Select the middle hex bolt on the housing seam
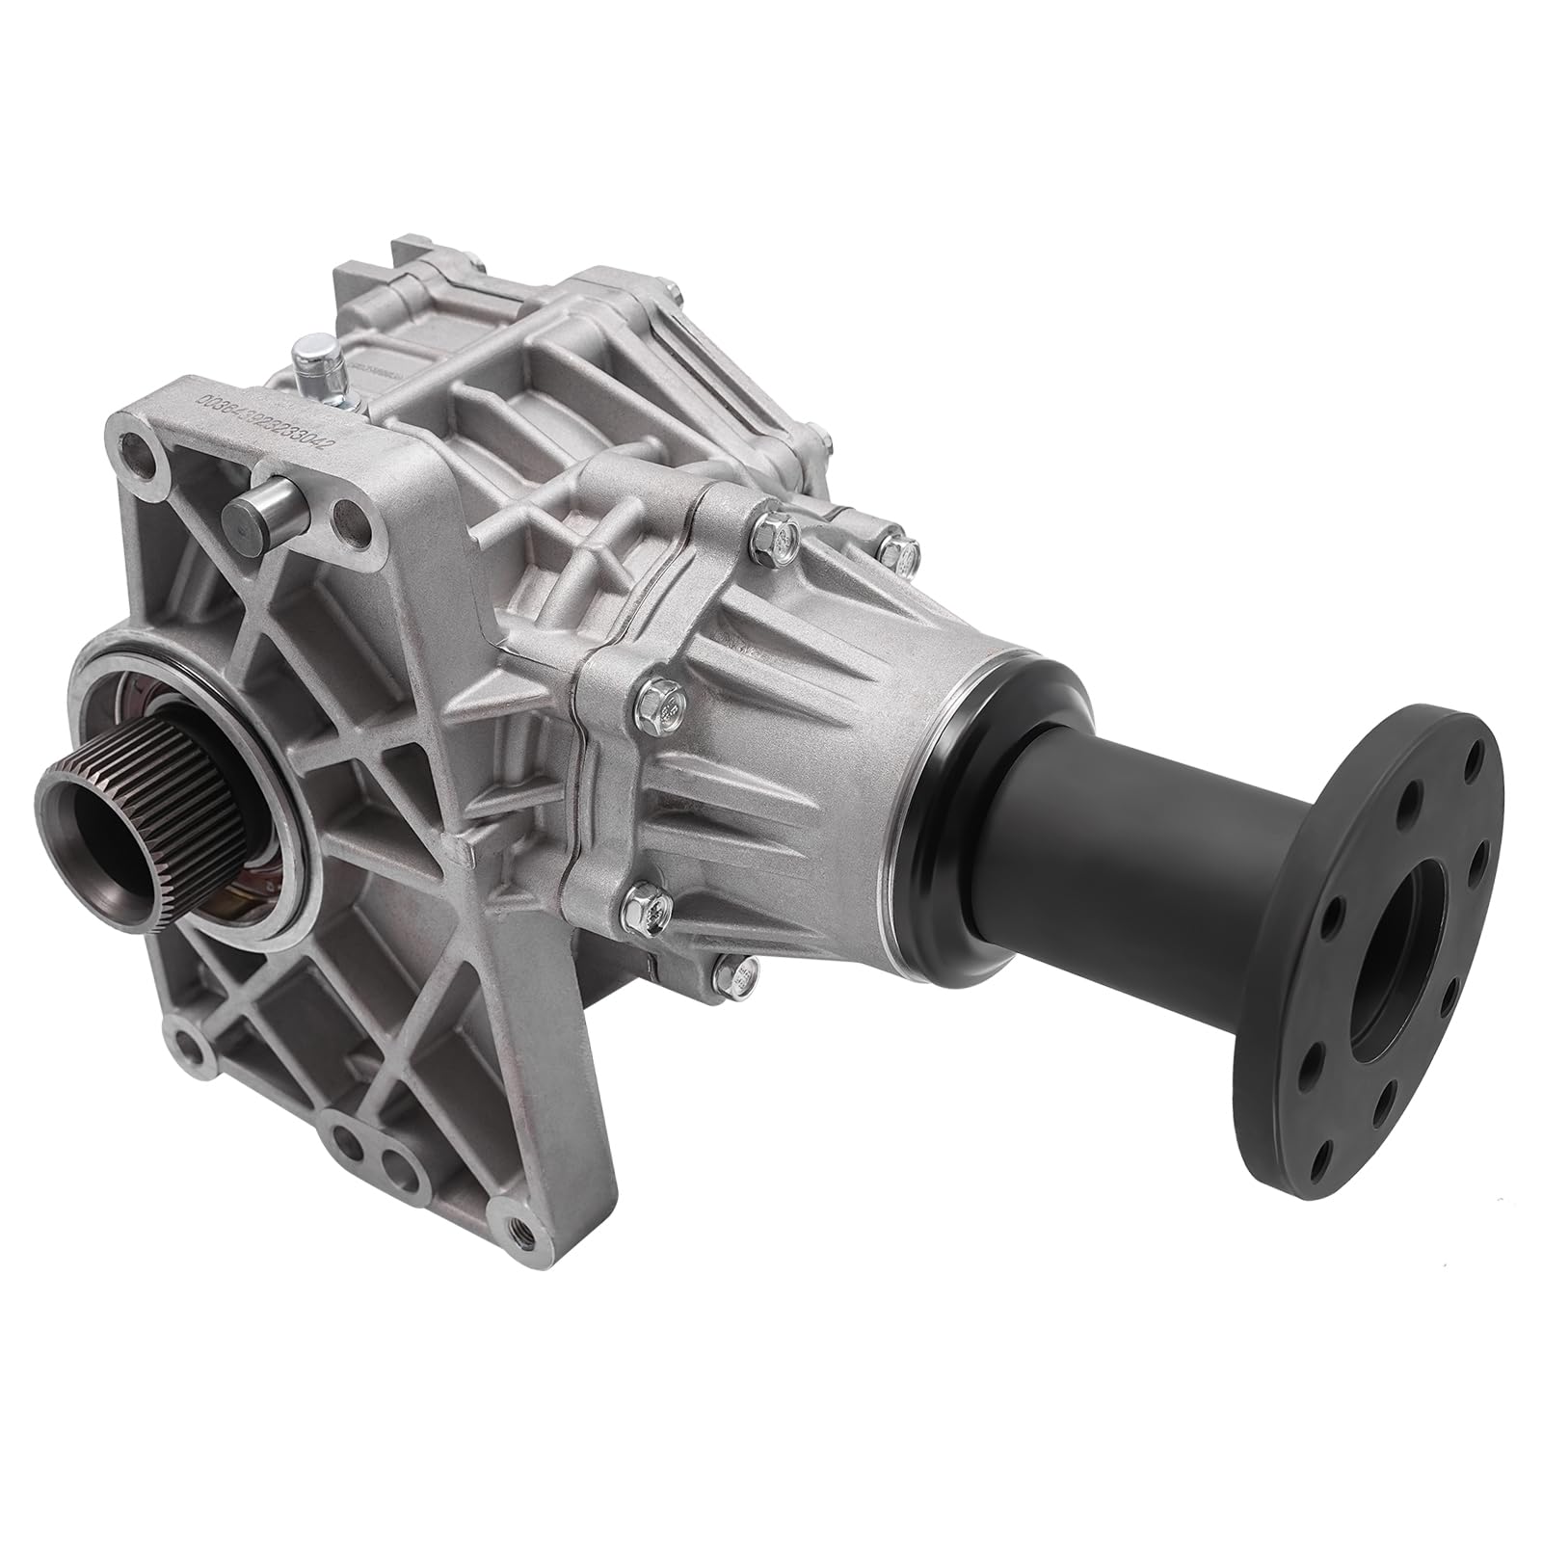pyautogui.click(x=662, y=692)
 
